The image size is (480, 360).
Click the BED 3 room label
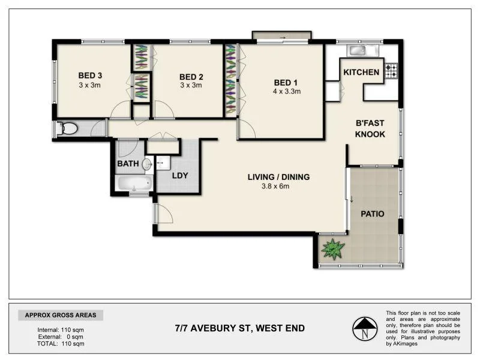91,76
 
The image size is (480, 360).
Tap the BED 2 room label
191,76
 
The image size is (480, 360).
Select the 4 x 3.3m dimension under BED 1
286,92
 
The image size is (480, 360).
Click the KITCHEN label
361,72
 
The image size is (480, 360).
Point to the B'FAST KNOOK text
370,129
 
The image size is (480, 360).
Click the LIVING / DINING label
278,177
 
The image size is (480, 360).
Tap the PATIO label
372,214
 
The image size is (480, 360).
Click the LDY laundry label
181,176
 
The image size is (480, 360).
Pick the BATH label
128,163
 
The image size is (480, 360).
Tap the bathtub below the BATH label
133,183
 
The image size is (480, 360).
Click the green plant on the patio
331,248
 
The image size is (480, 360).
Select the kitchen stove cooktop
391,71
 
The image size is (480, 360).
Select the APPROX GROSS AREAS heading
61,315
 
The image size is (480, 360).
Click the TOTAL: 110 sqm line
61,344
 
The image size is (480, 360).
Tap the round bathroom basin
147,163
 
